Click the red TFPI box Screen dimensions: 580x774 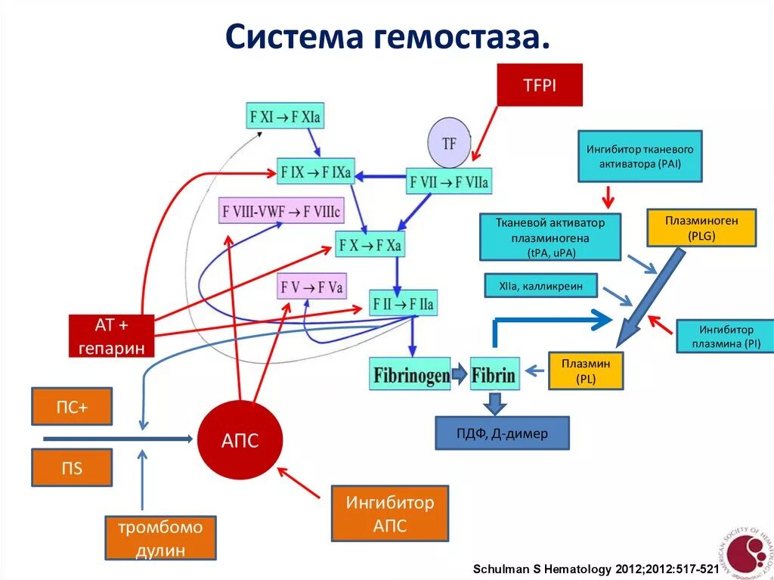[x=540, y=85]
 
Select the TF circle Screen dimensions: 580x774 [x=449, y=142]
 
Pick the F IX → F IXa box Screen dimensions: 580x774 [x=315, y=172]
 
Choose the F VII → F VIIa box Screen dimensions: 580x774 [x=449, y=181]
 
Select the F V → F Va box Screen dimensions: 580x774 [x=311, y=287]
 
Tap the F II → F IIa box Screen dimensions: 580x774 [x=403, y=304]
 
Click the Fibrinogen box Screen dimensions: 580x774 [x=410, y=374]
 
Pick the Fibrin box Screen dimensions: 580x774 [x=494, y=374]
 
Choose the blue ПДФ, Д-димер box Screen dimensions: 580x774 [x=502, y=433]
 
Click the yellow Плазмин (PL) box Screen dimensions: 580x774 [x=586, y=371]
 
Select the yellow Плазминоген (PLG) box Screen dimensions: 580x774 [x=701, y=228]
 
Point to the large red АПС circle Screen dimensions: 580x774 [x=240, y=441]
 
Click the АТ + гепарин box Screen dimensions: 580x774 [x=112, y=336]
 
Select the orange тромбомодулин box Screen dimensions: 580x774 [x=160, y=538]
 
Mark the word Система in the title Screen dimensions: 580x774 [x=291, y=36]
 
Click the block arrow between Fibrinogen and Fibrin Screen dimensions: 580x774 [x=460, y=374]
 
